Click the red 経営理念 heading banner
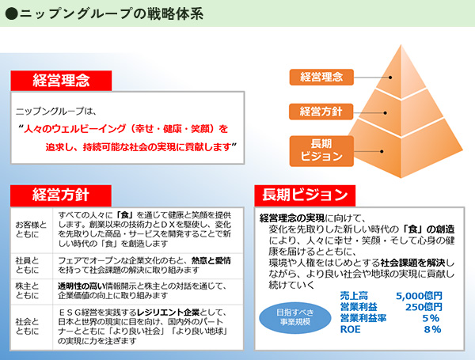pyautogui.click(x=61, y=81)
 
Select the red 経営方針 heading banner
pyautogui.click(x=61, y=195)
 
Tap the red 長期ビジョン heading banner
pyautogui.click(x=305, y=195)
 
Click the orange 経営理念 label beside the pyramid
pyautogui.click(x=321, y=77)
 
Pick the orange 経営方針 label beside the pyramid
pyautogui.click(x=321, y=112)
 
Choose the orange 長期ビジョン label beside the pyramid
pyautogui.click(x=321, y=151)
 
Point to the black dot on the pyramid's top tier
pyautogui.click(x=390, y=78)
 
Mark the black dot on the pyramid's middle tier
pyautogui.click(x=385, y=113)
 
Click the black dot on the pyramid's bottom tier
pyautogui.click(x=382, y=151)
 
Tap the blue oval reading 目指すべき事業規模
pyautogui.click(x=295, y=317)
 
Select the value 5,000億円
pyautogui.click(x=419, y=296)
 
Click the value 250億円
pyautogui.click(x=424, y=307)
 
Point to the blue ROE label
pyautogui.click(x=350, y=329)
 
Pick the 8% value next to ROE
pyautogui.click(x=432, y=329)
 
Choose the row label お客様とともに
pyautogui.click(x=31, y=229)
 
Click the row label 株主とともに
pyautogui.click(x=27, y=290)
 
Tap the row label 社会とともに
pyautogui.click(x=27, y=327)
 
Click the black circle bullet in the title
pyautogui.click(x=12, y=13)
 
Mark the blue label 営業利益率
pyautogui.click(x=363, y=318)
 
